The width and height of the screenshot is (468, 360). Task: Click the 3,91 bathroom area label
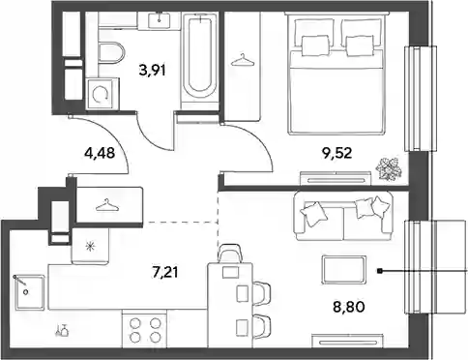pos(152,70)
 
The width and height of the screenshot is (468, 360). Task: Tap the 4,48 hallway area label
pos(100,153)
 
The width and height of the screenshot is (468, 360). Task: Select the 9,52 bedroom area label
pos(336,153)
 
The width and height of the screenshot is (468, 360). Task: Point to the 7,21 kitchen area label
pos(164,273)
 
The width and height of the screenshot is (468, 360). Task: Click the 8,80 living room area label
pos(349,307)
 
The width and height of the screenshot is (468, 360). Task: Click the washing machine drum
pos(101,94)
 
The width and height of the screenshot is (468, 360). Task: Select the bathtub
pos(200,59)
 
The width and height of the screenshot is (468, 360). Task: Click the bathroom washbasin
pos(160,20)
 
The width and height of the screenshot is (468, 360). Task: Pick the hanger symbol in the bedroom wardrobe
pos(242,60)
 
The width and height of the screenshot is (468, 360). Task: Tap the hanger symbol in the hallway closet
pos(105,205)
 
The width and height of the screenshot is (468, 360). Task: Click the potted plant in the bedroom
pos(390,168)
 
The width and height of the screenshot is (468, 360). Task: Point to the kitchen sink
pos(29,292)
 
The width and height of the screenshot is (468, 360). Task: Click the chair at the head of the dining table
pos(230,254)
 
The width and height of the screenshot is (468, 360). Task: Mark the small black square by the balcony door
pos(380,271)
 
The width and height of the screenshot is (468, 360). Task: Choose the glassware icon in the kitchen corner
pos(62,330)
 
